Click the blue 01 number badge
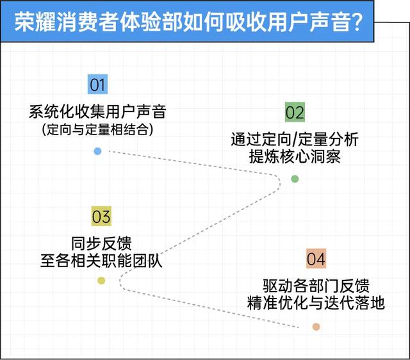click(97, 85)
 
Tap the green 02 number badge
click(295, 113)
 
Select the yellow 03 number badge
click(101, 217)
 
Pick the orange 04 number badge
click(316, 259)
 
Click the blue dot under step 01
click(97, 151)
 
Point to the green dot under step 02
click(295, 179)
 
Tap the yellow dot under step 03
click(101, 281)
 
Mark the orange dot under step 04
click(316, 327)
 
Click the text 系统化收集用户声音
click(97, 112)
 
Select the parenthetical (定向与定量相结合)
click(97, 130)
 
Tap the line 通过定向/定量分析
click(295, 139)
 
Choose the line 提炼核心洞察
click(295, 156)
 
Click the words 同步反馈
click(101, 243)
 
